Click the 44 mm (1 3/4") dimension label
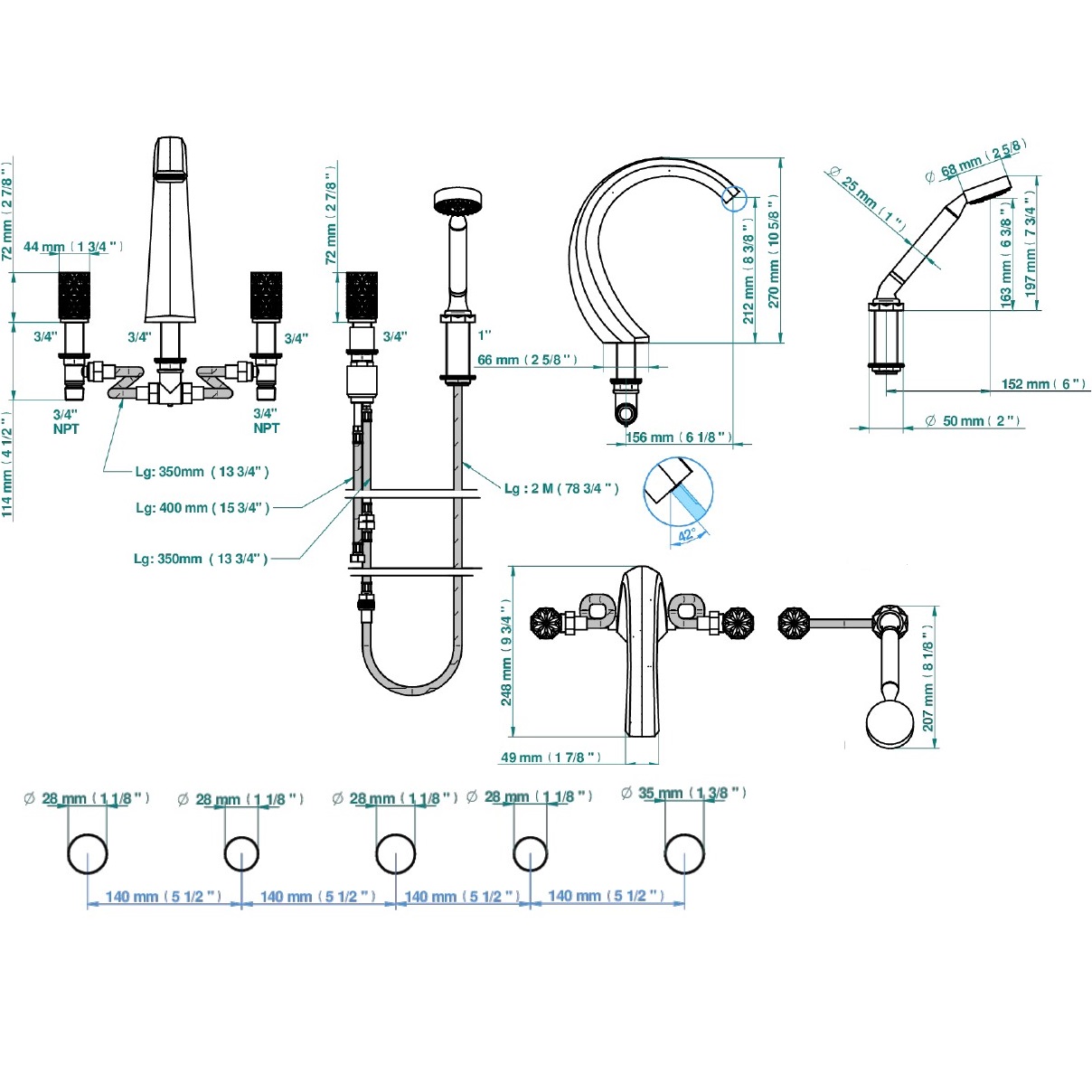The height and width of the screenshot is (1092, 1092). click(72, 247)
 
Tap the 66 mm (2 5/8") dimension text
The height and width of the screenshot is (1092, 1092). click(526, 360)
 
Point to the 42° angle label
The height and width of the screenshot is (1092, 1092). click(687, 535)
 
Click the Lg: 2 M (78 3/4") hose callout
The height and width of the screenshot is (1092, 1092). click(561, 489)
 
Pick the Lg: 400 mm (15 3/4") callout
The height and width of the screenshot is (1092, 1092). click(202, 508)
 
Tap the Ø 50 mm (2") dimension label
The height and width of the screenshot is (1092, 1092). click(973, 421)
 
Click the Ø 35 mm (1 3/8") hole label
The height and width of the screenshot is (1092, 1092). click(683, 793)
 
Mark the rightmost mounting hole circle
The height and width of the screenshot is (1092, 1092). click(684, 853)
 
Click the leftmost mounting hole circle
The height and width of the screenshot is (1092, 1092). click(88, 853)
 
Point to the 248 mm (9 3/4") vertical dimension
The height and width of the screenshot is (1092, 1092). click(506, 652)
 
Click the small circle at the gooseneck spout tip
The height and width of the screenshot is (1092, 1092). click(733, 198)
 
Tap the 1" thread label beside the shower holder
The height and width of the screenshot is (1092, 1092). click(485, 334)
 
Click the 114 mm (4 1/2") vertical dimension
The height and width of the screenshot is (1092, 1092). click(7, 466)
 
